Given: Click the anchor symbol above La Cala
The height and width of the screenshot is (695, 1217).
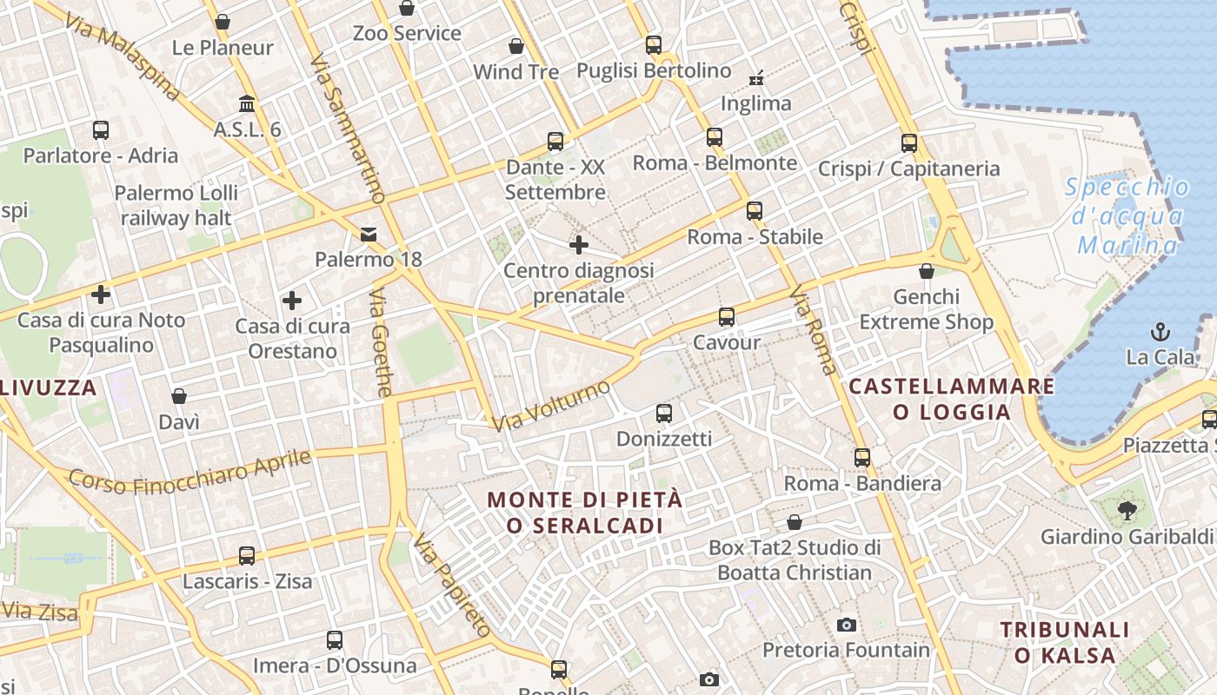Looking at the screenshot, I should [x=1160, y=331].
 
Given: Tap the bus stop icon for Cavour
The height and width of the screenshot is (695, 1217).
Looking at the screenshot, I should [x=727, y=317].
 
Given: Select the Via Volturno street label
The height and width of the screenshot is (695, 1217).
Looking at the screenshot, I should [x=551, y=406].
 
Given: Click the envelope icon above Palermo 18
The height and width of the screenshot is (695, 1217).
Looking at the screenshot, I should [x=369, y=234].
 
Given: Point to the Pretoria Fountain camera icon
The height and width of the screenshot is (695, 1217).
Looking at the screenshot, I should [x=846, y=625].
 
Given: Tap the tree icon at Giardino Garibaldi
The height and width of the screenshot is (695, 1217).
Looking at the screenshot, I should [x=1127, y=511].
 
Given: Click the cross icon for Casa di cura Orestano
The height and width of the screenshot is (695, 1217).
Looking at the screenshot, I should [x=292, y=301].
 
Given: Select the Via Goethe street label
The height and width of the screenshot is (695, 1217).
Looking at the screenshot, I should [x=381, y=343].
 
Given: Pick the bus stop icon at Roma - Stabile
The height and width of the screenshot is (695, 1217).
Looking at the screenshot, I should [x=755, y=211].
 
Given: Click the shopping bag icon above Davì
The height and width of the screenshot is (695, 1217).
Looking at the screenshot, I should [x=179, y=396].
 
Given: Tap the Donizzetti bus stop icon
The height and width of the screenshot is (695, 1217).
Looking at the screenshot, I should [x=664, y=414].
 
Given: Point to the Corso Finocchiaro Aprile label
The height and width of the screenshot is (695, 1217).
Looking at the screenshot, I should [x=190, y=471].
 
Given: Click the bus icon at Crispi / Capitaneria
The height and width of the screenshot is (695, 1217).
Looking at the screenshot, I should [x=909, y=143].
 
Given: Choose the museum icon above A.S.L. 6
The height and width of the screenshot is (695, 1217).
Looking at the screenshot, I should [x=247, y=104].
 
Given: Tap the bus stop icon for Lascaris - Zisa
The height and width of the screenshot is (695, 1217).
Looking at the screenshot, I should [x=247, y=556].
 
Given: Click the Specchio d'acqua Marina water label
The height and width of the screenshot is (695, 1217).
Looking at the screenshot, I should [x=1127, y=216].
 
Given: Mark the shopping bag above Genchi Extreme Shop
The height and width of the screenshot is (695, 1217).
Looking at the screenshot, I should [x=927, y=271].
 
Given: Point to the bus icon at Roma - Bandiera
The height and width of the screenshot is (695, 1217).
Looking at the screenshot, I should [x=862, y=458].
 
